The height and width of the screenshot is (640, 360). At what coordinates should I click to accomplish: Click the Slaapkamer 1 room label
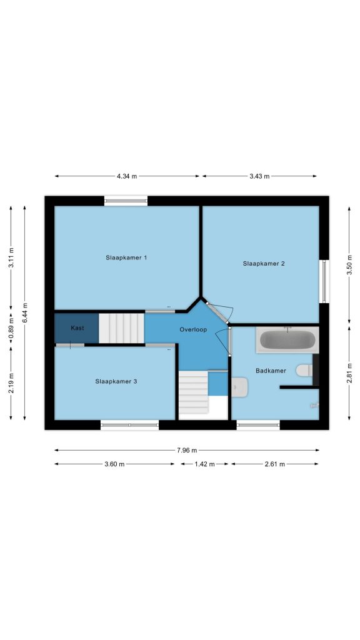coord(126,257)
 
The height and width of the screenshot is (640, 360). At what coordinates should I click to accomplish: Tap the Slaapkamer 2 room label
coord(264,263)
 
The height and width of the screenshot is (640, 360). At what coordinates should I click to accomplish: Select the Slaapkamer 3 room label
coord(116,381)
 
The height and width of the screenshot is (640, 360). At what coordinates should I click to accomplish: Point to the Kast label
coord(77,327)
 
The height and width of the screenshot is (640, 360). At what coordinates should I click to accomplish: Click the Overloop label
coord(193,329)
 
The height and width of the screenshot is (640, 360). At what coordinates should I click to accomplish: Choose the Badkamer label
coord(271,371)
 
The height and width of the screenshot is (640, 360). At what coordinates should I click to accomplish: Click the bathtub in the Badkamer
coord(287,339)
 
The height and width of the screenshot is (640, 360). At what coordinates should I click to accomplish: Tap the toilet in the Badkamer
coord(304,370)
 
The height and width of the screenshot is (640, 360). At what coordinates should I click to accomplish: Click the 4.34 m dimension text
coord(127,176)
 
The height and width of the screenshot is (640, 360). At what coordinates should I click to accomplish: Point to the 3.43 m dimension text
coord(259,176)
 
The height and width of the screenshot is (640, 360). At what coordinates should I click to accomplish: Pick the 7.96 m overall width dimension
coord(187,450)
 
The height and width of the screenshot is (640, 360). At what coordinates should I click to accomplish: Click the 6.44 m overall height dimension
coord(25,312)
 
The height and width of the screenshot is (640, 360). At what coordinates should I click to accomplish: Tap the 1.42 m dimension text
coord(204,464)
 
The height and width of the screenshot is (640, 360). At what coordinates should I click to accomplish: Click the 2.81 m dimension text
coord(349,373)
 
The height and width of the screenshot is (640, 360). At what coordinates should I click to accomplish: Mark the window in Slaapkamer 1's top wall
coord(126,200)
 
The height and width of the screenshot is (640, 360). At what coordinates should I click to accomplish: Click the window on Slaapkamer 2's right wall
coord(324,281)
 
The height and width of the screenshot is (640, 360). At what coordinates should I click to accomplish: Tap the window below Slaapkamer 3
coord(129,425)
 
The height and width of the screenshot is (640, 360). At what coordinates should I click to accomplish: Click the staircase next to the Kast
coord(122,328)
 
